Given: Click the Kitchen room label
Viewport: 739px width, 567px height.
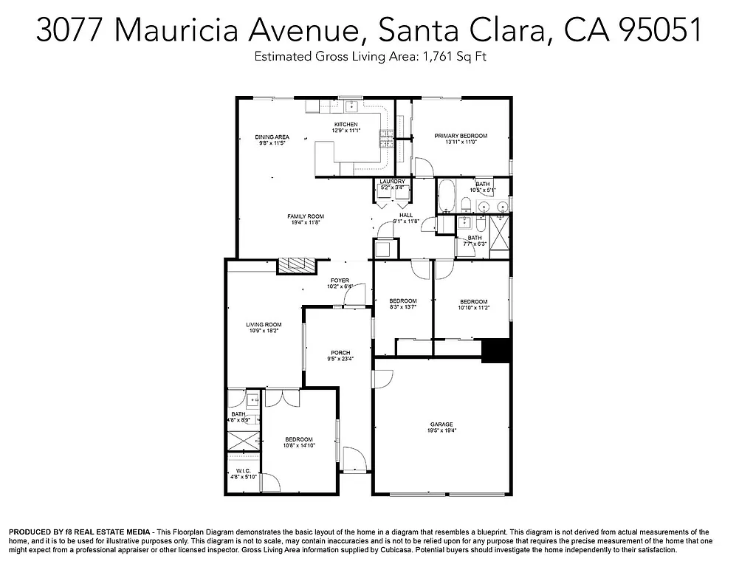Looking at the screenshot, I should [x=346, y=125].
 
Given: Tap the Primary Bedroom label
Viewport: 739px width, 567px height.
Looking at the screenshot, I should [x=461, y=136].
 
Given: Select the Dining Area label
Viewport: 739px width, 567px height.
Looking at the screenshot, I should [x=272, y=137].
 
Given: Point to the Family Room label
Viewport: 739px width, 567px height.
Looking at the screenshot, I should [x=305, y=216].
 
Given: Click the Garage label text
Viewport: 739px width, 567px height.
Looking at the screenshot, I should [x=441, y=425].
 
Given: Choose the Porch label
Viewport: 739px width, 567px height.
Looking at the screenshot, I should [x=340, y=353].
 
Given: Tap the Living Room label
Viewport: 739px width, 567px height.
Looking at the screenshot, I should [x=264, y=324].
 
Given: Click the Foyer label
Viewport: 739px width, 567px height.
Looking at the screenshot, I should [x=340, y=281].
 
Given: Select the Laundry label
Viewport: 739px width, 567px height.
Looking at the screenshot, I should [x=392, y=182].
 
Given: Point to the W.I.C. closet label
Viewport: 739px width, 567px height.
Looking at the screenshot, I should [x=243, y=470].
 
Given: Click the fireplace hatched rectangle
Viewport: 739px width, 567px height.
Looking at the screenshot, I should [x=296, y=265].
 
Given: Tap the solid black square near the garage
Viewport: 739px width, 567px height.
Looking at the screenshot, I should [x=495, y=351].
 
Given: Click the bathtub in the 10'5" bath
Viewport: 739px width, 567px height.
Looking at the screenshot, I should [x=447, y=199].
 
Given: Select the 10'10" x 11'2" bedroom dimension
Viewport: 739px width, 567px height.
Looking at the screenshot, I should [x=473, y=308].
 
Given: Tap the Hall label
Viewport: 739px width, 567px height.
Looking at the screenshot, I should [x=405, y=215].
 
